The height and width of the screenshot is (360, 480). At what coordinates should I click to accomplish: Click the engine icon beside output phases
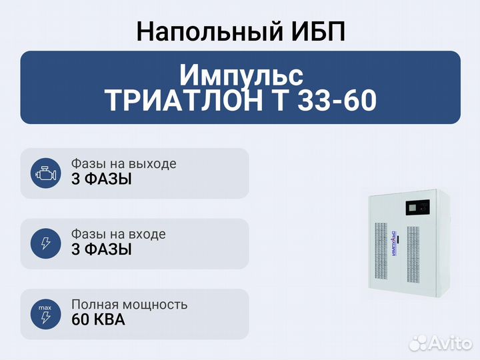tap(45, 173)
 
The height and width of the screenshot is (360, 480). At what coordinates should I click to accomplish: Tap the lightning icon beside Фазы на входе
tap(45, 243)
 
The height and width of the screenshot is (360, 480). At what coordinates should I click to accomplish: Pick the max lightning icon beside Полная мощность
tap(45, 314)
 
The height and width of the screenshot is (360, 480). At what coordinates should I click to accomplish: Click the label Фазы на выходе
tap(123, 164)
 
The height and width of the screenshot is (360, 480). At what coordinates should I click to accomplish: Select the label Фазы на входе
tap(118, 234)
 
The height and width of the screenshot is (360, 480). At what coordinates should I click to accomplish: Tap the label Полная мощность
tap(129, 305)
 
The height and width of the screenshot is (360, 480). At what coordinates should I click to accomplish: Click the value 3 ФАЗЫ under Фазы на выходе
tap(101, 180)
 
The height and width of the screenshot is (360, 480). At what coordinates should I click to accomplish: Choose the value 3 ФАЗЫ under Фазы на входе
tap(101, 250)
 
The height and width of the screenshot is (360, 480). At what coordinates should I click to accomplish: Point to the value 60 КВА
tap(98, 320)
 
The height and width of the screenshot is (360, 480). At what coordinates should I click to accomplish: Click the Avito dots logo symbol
tap(419, 343)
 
